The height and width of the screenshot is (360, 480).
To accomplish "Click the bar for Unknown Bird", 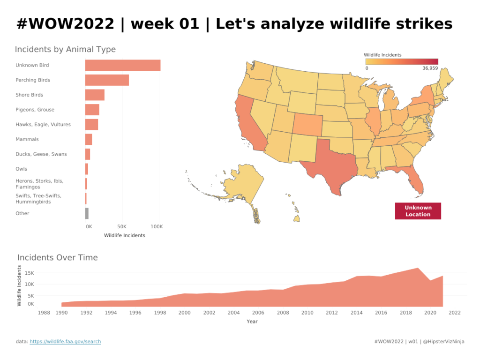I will pyautogui.click(x=123, y=65).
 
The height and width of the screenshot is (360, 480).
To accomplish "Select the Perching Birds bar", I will pyautogui.click(x=107, y=80).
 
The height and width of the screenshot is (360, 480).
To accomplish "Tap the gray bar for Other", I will pyautogui.click(x=87, y=213).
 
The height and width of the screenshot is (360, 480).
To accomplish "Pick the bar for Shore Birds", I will pyautogui.click(x=95, y=95).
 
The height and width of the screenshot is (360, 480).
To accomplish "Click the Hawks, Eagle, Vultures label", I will pyautogui.click(x=43, y=125).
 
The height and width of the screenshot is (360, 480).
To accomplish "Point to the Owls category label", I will pyautogui.click(x=22, y=169).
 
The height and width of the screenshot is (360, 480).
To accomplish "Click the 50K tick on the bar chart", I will pyautogui.click(x=122, y=226).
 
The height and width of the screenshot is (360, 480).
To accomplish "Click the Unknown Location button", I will pyautogui.click(x=418, y=211).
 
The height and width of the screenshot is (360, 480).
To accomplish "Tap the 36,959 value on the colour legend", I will pyautogui.click(x=430, y=68).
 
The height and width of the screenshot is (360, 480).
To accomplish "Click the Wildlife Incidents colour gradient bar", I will pyautogui.click(x=401, y=61).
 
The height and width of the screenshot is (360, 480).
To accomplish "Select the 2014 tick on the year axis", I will pyautogui.click(x=357, y=313).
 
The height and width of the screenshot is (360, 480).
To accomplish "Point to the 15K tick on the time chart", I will pyautogui.click(x=30, y=273).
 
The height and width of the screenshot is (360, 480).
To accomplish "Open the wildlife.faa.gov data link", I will pyautogui.click(x=65, y=342).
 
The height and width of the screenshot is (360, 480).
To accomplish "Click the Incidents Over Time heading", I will pyautogui.click(x=58, y=257).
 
